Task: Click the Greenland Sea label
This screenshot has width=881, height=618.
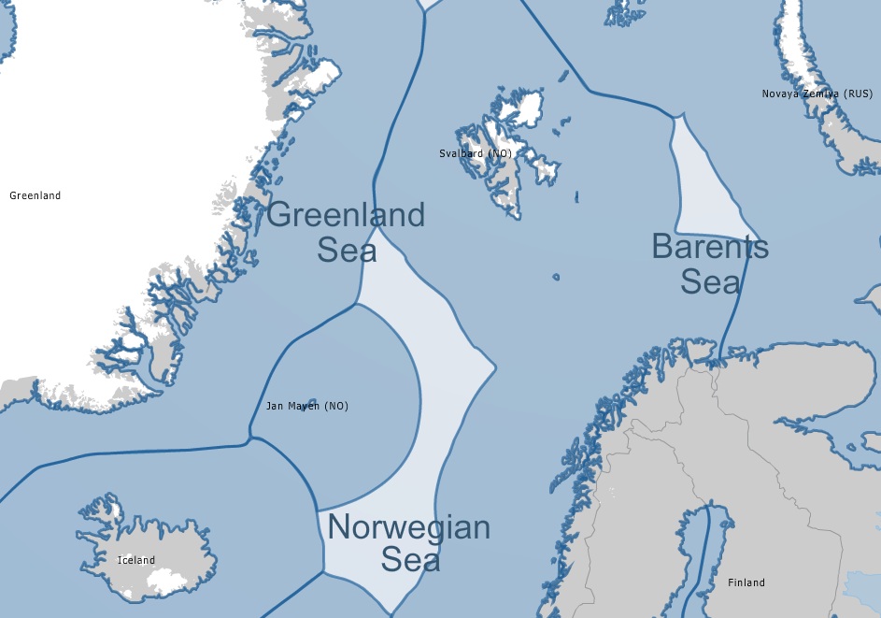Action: click(x=346, y=232)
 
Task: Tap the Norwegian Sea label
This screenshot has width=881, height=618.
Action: click(x=409, y=543)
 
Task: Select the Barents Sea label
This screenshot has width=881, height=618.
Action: click(x=710, y=264)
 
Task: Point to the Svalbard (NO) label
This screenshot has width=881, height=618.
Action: click(x=476, y=152)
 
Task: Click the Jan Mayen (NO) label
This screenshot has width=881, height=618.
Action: click(x=306, y=406)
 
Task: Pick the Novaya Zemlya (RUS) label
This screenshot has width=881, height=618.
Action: click(x=817, y=93)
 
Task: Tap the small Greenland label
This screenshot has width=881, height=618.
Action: click(x=35, y=195)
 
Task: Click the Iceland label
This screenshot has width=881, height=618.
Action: click(x=136, y=560)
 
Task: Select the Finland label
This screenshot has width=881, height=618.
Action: click(x=746, y=582)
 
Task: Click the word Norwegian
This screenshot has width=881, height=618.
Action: click(x=409, y=528)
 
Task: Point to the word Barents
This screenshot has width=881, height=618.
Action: click(x=710, y=248)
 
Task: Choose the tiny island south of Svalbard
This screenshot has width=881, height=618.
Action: click(x=556, y=277)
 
